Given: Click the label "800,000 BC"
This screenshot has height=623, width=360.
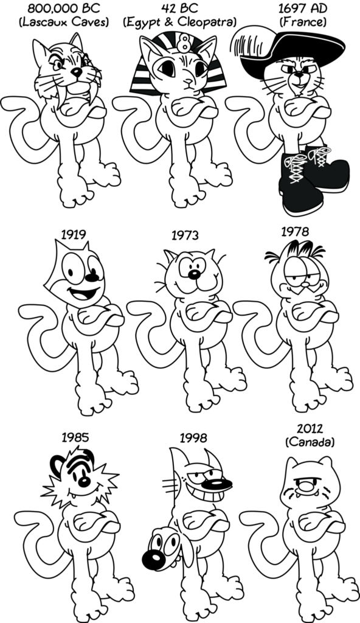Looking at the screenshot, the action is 64,9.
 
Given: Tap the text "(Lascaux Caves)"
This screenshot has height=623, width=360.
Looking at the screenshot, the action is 64,23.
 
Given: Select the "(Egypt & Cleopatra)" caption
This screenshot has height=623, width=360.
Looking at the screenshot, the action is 179,23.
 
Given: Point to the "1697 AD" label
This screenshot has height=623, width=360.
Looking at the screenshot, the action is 303,9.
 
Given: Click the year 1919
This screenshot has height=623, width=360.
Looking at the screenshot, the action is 74,234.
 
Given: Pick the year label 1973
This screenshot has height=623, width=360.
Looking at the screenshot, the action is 185,235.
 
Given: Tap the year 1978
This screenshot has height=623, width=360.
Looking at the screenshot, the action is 295,232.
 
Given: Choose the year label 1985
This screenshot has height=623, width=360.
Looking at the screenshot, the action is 75,437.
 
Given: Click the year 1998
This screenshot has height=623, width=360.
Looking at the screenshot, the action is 193,438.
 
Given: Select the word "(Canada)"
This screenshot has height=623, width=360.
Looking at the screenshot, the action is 310,442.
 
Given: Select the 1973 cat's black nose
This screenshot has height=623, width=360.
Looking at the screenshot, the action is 194,274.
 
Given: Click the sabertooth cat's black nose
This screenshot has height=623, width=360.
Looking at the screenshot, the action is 76,72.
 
